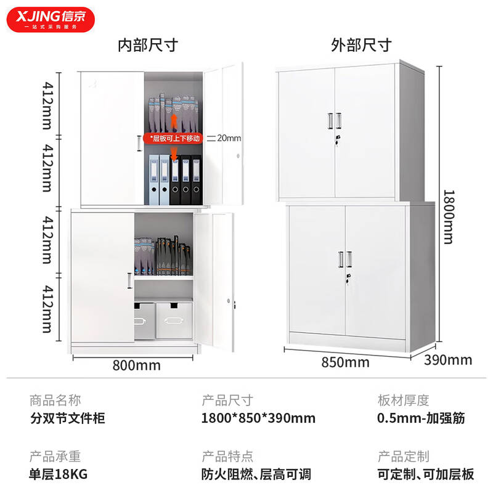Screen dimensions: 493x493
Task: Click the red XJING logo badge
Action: point(51,20)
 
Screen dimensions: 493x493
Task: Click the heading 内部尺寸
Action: point(148,45)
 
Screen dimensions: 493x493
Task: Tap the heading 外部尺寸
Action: point(361,45)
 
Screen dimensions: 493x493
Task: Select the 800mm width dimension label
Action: point(136,365)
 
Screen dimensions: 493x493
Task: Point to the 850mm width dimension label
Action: point(345,362)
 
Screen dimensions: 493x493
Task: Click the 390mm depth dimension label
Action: point(448,360)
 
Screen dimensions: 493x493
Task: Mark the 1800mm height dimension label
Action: point(449,217)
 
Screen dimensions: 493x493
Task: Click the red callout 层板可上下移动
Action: point(173,138)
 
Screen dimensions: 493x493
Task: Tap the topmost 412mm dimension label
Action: point(47,105)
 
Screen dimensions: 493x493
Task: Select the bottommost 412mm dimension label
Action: point(47,309)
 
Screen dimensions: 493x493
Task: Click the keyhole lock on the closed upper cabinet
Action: point(338,141)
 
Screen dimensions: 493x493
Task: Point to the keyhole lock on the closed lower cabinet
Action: point(348,279)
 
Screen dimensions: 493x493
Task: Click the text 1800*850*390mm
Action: point(258,418)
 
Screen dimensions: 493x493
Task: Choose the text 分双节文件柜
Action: point(68,418)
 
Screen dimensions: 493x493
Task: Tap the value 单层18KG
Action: point(58,474)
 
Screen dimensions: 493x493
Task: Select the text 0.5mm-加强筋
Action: point(421,418)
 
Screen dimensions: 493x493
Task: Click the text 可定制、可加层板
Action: point(426,474)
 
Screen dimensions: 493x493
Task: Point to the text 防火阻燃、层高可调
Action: point(256,474)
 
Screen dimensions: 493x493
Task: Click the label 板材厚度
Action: point(404,401)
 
